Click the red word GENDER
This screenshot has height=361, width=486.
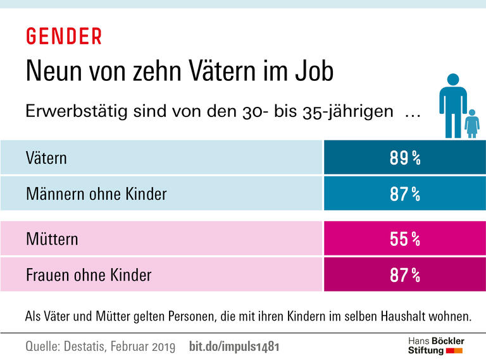point(63,37)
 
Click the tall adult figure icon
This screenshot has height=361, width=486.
point(452,104)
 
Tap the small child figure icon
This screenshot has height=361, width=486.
point(471,123)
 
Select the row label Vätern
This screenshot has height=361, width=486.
point(46,157)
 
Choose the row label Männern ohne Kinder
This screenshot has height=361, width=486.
point(96,193)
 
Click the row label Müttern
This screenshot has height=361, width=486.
point(52,240)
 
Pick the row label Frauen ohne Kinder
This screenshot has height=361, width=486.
point(89,275)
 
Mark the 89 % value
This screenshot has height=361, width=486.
point(405,158)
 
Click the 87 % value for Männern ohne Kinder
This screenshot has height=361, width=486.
point(405,194)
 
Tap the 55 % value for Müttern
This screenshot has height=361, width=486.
point(405,240)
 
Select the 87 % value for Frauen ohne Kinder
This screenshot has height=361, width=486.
point(405,276)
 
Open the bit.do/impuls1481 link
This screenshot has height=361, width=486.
point(234,347)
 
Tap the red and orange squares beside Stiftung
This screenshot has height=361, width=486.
point(455,350)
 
